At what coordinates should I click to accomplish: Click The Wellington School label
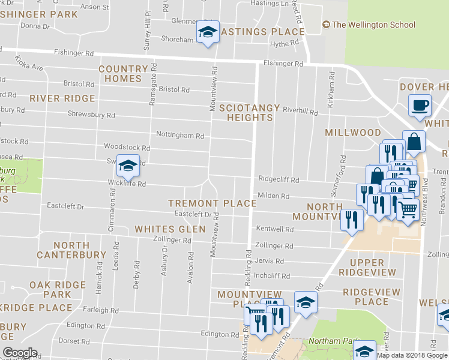coord(373,25)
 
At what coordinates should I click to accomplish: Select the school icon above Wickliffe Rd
coord(127,165)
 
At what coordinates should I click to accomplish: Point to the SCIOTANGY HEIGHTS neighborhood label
coord(249,113)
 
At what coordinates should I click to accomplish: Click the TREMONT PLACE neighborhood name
coord(212,203)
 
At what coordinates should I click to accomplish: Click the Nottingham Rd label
coord(179,135)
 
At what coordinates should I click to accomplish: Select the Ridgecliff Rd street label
coord(279,178)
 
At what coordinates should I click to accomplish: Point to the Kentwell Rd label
coord(274,229)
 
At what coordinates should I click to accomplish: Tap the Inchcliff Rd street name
coord(272,277)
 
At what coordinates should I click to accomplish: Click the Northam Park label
coord(330,341)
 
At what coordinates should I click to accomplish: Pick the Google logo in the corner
coord(20,352)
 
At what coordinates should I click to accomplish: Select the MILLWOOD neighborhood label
coord(353,132)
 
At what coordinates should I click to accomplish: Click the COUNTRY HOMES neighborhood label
coord(123,74)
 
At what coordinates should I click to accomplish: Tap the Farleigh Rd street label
coord(101,310)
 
